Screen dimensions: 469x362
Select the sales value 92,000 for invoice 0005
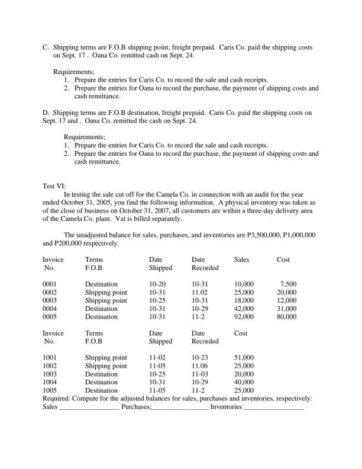(x=244, y=317)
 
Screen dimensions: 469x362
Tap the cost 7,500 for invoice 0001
(x=288, y=284)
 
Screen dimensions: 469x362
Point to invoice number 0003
(x=50, y=300)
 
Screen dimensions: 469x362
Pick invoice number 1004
(x=50, y=382)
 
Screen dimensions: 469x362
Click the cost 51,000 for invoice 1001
(x=244, y=357)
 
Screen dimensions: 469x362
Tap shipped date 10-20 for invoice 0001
(x=157, y=284)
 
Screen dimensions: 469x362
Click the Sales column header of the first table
(x=241, y=259)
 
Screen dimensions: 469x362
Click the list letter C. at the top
(x=46, y=46)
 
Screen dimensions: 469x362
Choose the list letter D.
(x=46, y=112)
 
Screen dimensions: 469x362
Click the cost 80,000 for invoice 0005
(x=286, y=317)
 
